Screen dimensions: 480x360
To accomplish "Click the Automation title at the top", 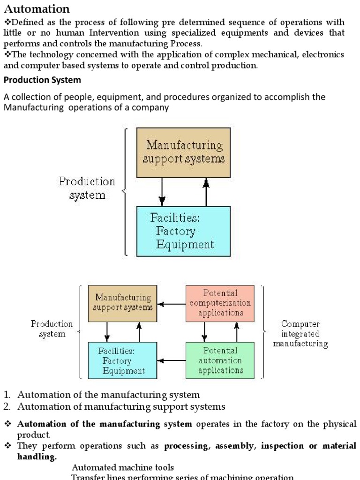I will click(37, 8).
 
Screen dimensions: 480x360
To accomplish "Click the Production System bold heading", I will click(42, 80).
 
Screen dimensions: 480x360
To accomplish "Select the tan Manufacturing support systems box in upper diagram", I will click(183, 152).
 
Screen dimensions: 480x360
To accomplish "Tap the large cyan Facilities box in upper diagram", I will click(183, 231).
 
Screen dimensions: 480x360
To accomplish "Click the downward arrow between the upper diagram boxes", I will click(162, 192).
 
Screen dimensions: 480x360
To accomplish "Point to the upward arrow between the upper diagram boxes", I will click(206, 192).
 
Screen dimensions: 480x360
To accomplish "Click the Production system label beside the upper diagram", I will click(87, 188).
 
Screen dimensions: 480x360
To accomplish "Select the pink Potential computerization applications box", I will click(220, 303).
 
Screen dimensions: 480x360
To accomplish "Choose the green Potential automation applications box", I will click(220, 360).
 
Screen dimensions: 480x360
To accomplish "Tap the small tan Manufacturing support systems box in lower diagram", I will click(123, 303).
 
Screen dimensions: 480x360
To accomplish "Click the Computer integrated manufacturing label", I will click(300, 334).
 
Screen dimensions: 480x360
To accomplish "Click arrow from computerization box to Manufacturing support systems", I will click(172, 304).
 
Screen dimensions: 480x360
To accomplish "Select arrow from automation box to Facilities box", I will click(172, 361).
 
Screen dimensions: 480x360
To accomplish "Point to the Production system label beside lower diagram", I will click(52, 329).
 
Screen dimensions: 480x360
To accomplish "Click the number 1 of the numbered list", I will click(7, 395).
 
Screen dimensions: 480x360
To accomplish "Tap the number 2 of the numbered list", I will click(7, 406).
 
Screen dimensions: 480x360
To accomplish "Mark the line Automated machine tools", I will click(123, 467).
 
